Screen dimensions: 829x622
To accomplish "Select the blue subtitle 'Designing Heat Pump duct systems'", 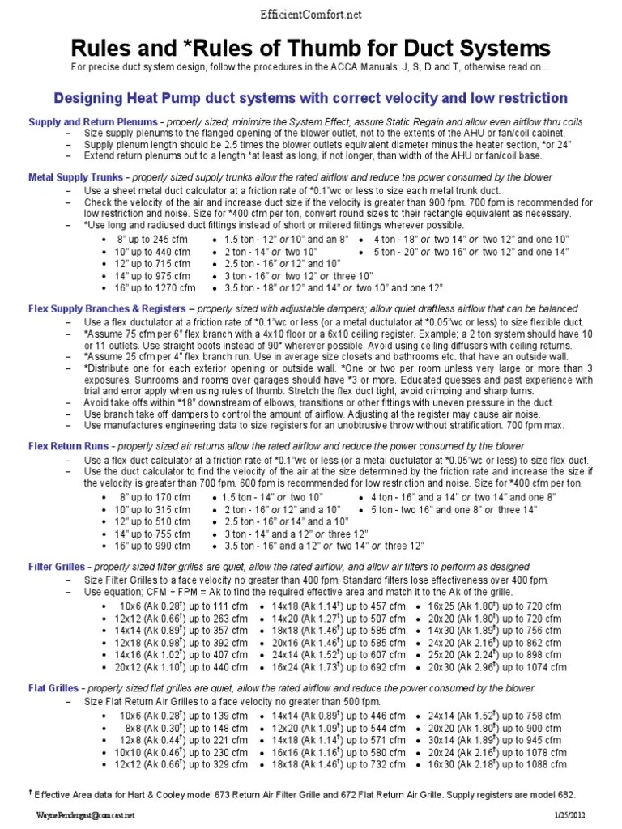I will coord(310,98).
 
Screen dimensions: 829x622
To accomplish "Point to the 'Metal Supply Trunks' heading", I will coord(76,176).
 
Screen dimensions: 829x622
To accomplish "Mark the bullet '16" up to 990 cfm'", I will coord(154,546).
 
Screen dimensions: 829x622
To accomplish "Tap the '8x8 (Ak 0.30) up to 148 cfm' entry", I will coord(173,728).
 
